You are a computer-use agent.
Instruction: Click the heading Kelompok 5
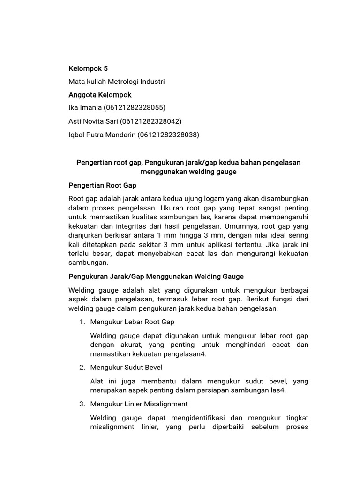pos(88,68)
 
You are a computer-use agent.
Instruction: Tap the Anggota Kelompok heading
pos(100,95)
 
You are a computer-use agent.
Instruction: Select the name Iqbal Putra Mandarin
pos(101,135)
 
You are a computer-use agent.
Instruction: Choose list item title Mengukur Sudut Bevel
pos(127,367)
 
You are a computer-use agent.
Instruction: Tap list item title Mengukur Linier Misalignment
pos(139,404)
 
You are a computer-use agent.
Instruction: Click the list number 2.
pos(82,367)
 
